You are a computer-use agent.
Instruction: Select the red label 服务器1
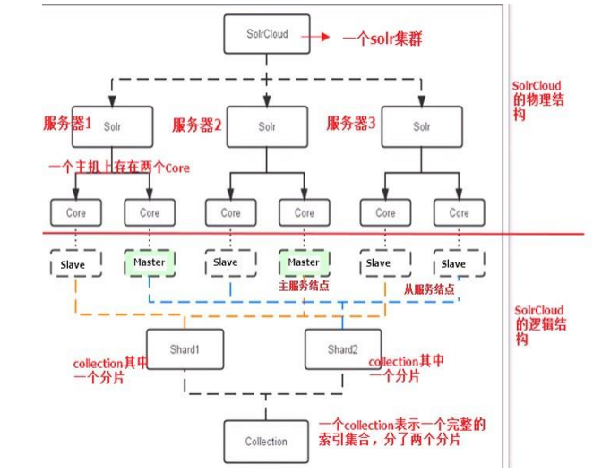pyautogui.click(x=67, y=125)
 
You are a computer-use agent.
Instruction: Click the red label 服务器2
pyautogui.click(x=196, y=125)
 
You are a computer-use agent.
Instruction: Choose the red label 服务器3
pyautogui.click(x=350, y=124)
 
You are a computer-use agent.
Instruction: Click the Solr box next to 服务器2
pyautogui.click(x=267, y=127)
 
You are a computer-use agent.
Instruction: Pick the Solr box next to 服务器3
pyautogui.click(x=422, y=126)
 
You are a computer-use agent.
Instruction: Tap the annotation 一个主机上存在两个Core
pyautogui.click(x=117, y=168)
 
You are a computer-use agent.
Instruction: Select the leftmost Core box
pyautogui.click(x=76, y=213)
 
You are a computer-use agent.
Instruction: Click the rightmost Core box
pyautogui.click(x=459, y=213)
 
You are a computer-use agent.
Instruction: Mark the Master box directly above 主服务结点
pyautogui.click(x=304, y=263)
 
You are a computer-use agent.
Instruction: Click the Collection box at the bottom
pyautogui.click(x=267, y=441)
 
